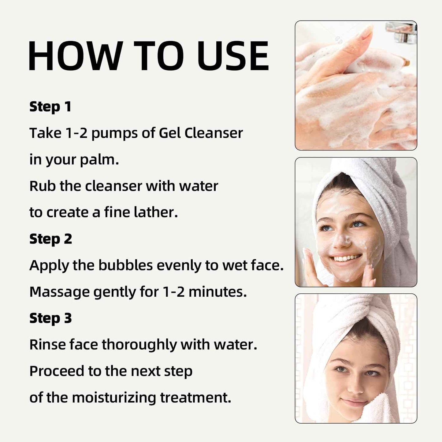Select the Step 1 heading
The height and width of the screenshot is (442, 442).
click(x=50, y=107)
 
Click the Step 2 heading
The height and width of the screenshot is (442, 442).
click(x=50, y=239)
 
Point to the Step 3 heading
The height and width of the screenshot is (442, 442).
click(x=50, y=318)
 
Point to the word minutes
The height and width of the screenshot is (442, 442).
click(x=217, y=292)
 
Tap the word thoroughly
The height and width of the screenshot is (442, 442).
click(x=139, y=345)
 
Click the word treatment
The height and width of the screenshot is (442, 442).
click(x=195, y=398)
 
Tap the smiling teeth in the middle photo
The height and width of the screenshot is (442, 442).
click(x=347, y=258)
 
